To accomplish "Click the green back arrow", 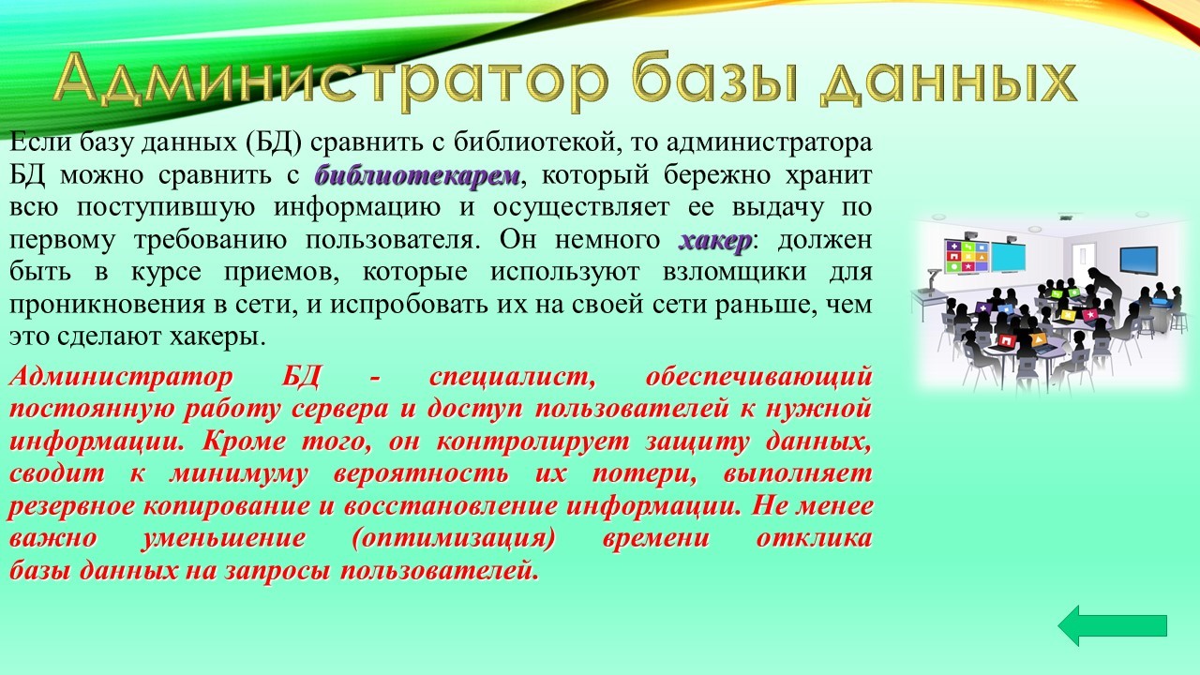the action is [x=1112, y=625].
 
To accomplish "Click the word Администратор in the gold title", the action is [x=331, y=79].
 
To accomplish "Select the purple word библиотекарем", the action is [x=417, y=175].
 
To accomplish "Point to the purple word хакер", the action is [x=715, y=241].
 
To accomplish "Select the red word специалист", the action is [x=512, y=378].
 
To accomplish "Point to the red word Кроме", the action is [x=244, y=442].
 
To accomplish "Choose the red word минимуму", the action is [x=239, y=474].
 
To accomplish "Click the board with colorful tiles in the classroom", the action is [x=967, y=256].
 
